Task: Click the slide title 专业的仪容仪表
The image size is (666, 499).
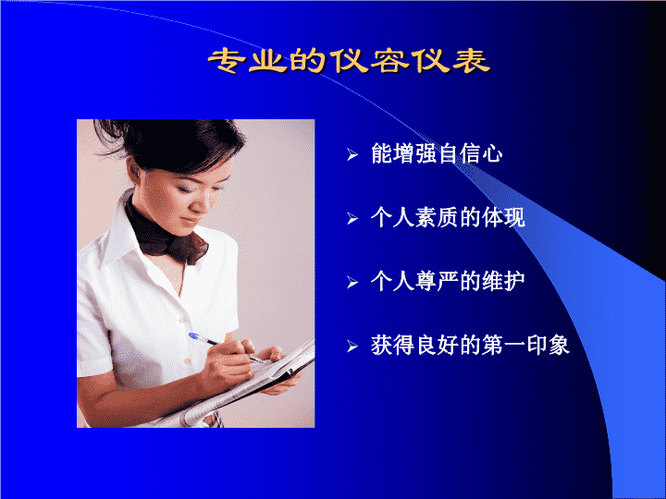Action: click(349, 62)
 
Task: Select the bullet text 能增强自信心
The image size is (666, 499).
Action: click(437, 153)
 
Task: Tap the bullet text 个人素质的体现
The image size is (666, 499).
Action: click(448, 218)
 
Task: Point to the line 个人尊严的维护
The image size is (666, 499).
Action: click(448, 281)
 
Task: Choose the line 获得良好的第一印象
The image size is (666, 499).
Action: click(470, 345)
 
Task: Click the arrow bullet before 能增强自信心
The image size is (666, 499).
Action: click(352, 155)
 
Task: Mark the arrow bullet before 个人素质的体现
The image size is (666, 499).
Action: click(352, 218)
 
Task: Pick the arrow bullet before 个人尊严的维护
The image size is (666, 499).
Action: click(352, 282)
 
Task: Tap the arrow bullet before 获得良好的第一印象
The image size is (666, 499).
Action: click(352, 346)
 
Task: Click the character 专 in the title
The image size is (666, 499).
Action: click(227, 62)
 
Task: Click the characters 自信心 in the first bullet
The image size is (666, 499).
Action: click(470, 153)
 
